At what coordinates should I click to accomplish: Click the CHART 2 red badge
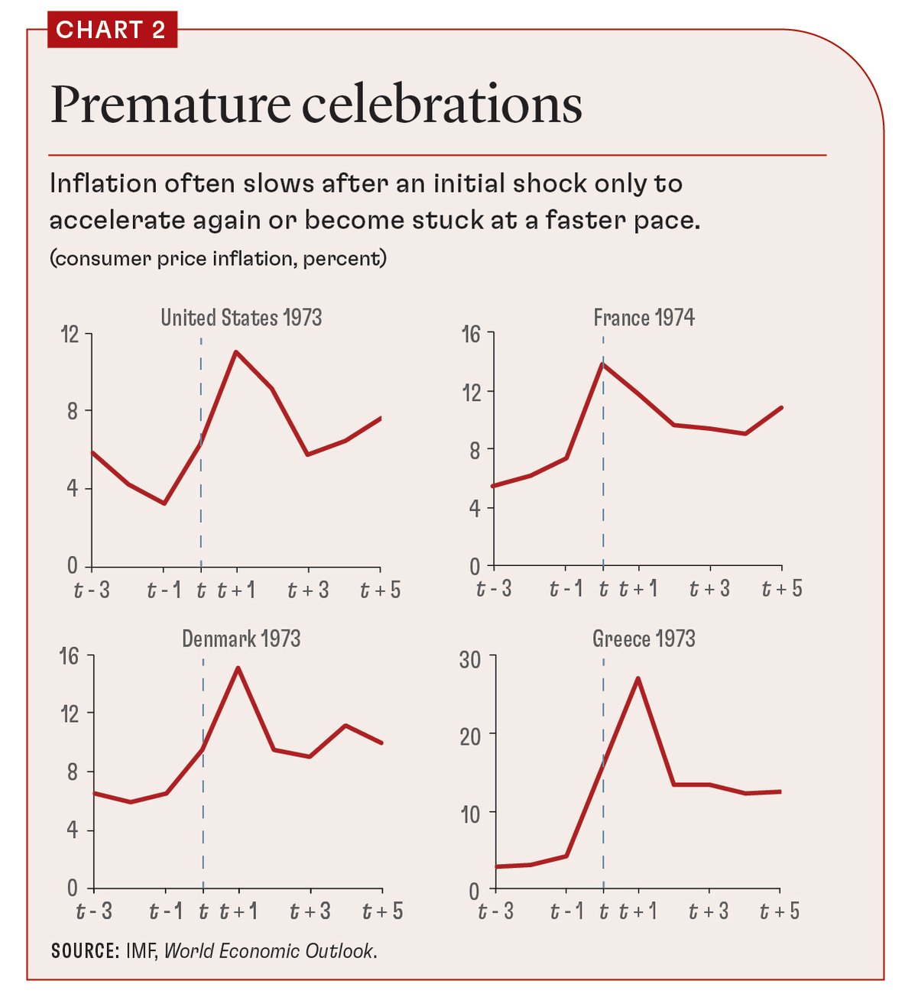tap(112, 30)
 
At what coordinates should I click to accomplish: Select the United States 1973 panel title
tap(241, 317)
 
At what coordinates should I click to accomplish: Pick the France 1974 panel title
tap(644, 317)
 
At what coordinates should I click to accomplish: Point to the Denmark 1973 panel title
tap(241, 639)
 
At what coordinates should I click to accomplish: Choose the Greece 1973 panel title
tap(644, 639)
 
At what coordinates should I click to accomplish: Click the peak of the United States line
tap(236, 352)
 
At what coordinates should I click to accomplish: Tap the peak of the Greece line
tap(637, 678)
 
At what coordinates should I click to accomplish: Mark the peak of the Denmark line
tap(238, 668)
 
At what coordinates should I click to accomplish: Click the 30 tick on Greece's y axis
tap(470, 658)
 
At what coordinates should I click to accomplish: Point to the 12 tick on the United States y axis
tap(70, 334)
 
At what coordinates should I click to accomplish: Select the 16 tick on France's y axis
tap(471, 334)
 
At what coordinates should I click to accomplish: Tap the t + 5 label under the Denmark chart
tap(382, 911)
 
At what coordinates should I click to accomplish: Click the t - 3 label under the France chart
tap(494, 589)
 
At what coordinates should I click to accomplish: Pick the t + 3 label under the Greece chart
tap(709, 911)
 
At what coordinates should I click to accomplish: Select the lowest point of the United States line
tap(164, 503)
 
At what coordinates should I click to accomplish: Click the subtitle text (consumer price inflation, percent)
tap(218, 259)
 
